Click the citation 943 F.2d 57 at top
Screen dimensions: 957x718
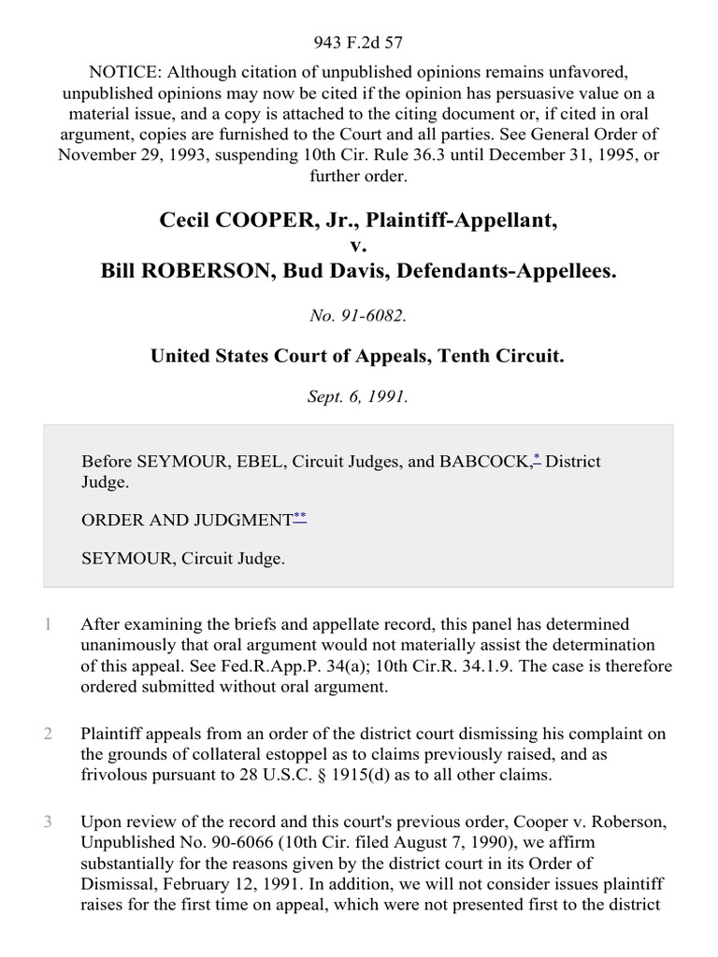click(358, 41)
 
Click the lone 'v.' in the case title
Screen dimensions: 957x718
click(359, 246)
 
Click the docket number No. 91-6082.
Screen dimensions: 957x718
click(358, 316)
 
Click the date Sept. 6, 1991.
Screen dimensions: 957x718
click(358, 395)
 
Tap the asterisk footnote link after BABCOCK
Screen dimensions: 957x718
click(537, 458)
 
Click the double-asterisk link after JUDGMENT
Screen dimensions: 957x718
click(299, 516)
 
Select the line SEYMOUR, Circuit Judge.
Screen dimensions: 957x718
click(183, 558)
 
